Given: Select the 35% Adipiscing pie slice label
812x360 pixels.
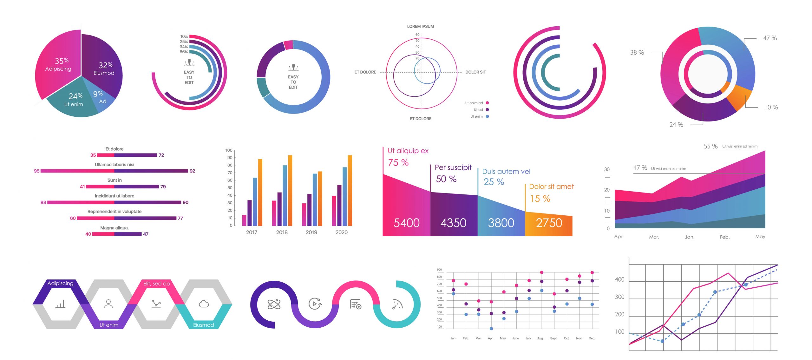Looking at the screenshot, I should click(59, 64).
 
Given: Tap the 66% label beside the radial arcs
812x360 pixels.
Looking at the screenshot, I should click(184, 52).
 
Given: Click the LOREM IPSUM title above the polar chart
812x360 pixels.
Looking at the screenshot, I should click(420, 26).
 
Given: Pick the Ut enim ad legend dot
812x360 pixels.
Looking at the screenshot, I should click(487, 103).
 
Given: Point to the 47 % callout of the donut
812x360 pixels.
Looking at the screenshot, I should click(770, 38).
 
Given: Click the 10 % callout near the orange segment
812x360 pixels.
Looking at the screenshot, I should click(771, 107).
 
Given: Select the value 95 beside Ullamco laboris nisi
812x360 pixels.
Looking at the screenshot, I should click(36, 171).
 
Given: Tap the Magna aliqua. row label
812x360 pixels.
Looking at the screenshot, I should click(114, 228).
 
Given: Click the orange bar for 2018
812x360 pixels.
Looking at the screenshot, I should click(290, 190).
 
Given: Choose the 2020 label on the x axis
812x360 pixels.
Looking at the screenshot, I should click(341, 232).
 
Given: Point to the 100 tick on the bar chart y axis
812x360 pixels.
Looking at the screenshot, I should click(229, 150).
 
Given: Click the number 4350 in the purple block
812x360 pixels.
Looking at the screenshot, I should click(453, 223).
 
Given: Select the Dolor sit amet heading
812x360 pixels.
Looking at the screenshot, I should click(551, 187).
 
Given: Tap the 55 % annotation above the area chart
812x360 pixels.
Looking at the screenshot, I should click(710, 146).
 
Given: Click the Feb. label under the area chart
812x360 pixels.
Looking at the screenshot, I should click(724, 237).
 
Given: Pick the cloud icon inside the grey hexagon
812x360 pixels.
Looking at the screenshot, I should click(204, 304).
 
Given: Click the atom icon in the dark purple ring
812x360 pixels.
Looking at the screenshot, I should click(274, 304).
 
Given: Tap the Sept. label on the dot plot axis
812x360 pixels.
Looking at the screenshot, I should click(553, 338).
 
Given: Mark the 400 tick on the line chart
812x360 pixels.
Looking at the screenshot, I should click(619, 279).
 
